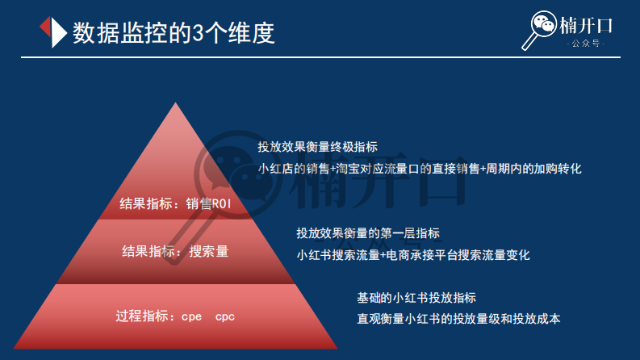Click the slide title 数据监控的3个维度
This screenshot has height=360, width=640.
click(173, 32)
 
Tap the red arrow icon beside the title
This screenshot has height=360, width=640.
click(52, 32)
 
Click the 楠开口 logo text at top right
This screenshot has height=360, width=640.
click(586, 25)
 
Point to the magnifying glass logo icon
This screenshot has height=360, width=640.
click(542, 30)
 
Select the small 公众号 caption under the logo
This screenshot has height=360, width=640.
click(586, 44)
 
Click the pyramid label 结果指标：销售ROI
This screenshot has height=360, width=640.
click(175, 203)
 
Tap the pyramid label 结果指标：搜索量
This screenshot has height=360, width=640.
click(175, 251)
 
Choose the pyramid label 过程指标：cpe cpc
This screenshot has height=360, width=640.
click(175, 316)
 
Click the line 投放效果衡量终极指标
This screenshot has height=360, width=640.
click(317, 147)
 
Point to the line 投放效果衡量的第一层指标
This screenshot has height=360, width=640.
click(368, 233)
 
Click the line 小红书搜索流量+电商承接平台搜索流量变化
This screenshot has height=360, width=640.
click(413, 255)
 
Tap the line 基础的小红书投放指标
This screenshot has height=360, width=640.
click(416, 296)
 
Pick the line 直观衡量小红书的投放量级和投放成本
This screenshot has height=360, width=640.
click(458, 318)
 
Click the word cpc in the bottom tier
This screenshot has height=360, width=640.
click(225, 316)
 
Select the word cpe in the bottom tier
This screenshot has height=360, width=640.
click(192, 316)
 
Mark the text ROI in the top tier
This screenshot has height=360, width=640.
click(221, 203)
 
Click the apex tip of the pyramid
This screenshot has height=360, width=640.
click(176, 103)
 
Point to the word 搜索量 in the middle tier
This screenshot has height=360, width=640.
click(209, 251)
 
